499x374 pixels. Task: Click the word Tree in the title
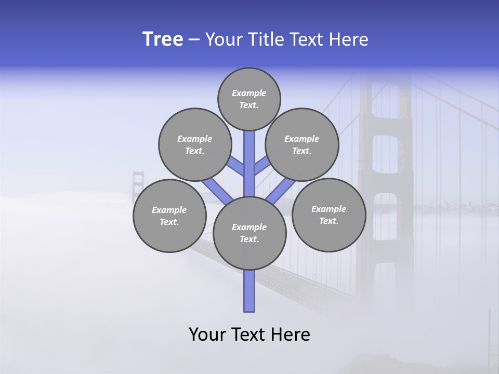[x=163, y=39]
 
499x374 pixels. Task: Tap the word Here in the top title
[x=349, y=39]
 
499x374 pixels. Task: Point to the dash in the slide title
[x=194, y=40]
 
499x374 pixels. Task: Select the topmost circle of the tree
[x=249, y=99]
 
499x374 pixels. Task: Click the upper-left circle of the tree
[x=195, y=144]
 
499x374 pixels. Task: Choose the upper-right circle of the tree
[x=302, y=144]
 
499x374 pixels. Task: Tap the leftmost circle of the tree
[x=169, y=216]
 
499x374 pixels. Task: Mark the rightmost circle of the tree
[x=329, y=215]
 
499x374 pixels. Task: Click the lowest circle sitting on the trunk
[x=249, y=233]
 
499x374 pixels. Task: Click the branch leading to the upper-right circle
[x=262, y=167]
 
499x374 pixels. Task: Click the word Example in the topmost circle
[x=249, y=93]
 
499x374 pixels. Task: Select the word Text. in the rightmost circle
[x=329, y=221]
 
